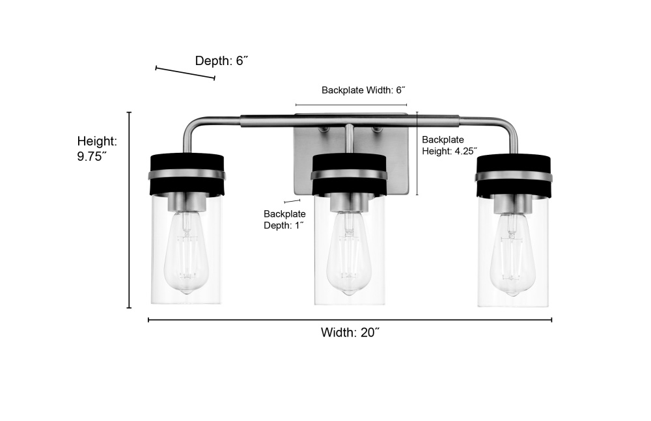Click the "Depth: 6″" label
(221, 61)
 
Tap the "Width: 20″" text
(350, 333)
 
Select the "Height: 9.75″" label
(97, 148)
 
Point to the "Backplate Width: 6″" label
(363, 90)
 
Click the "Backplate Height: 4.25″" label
(449, 145)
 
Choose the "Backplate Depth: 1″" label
(284, 220)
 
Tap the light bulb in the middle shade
(348, 253)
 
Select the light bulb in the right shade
(512, 254)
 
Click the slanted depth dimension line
(185, 73)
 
